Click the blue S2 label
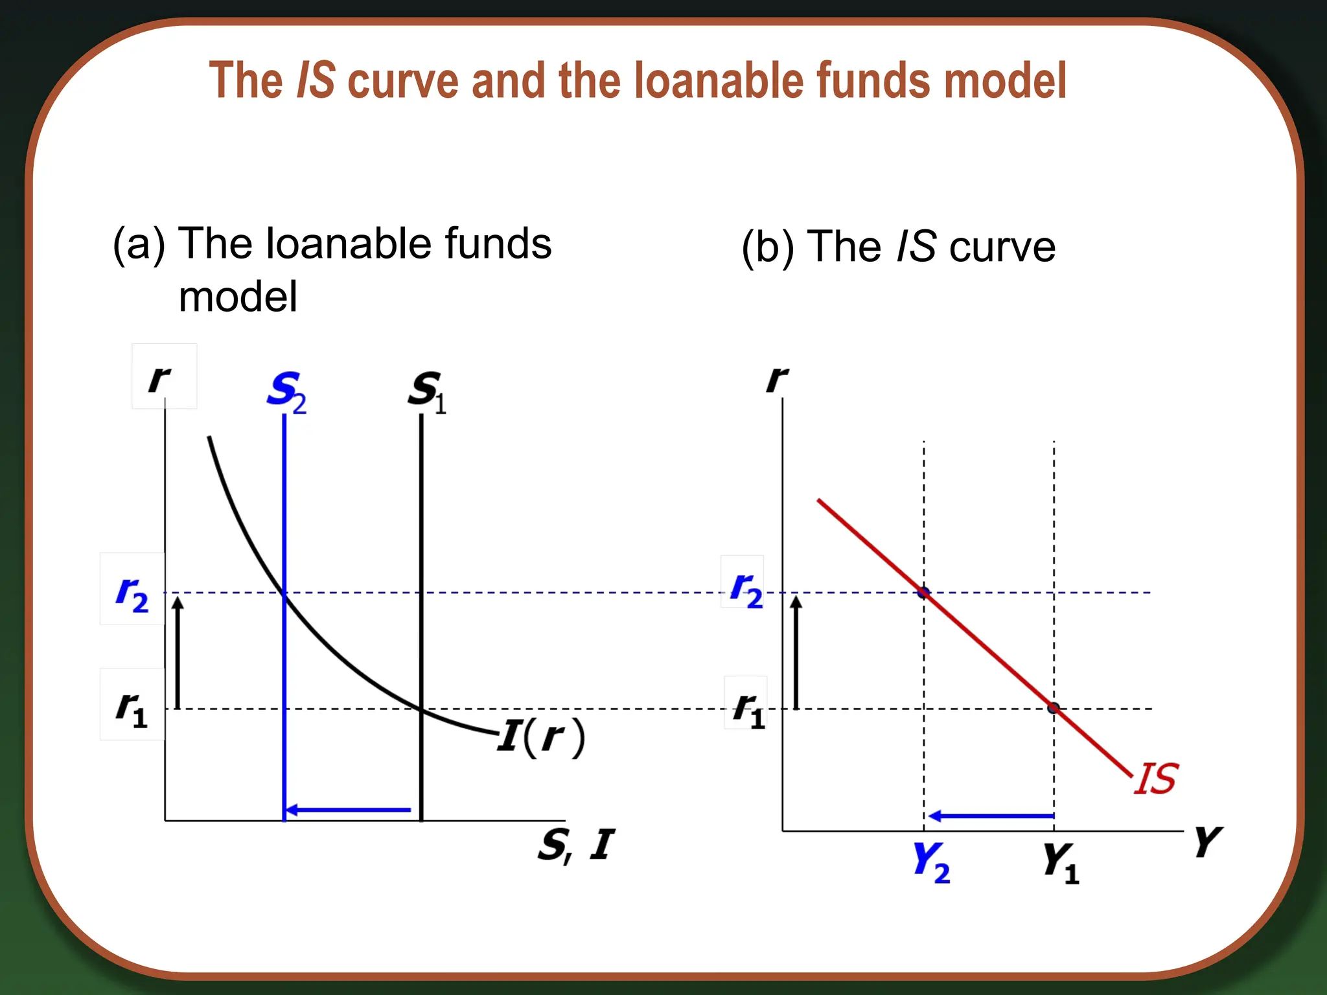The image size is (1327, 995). pos(286,391)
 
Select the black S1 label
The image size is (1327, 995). pos(427,391)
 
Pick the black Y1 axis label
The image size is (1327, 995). pos(1061,862)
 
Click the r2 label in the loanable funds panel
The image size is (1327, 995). pos(132,592)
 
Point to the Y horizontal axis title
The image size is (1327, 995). pos(1208,841)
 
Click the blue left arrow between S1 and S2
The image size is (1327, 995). pos(348,810)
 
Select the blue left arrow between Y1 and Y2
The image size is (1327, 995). pos(991,816)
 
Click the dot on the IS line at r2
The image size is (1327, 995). pos(924,592)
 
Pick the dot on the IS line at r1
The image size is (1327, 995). pos(1054,708)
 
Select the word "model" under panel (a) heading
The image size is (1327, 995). pos(238,297)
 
